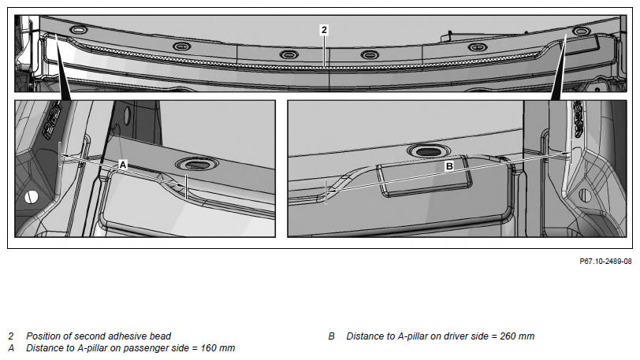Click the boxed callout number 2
pyautogui.click(x=324, y=29)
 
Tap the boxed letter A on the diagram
pyautogui.click(x=122, y=165)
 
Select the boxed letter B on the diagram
pyautogui.click(x=449, y=165)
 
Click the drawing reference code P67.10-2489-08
pyautogui.click(x=605, y=262)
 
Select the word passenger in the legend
pyautogui.click(x=145, y=348)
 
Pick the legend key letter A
pyautogui.click(x=11, y=348)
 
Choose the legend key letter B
pyautogui.click(x=331, y=336)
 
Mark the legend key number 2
pyautogui.click(x=11, y=336)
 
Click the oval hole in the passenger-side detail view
pyautogui.click(x=197, y=165)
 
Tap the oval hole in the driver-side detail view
pyautogui.click(x=429, y=152)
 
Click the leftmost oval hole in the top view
pyautogui.click(x=78, y=30)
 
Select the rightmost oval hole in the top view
pyautogui.click(x=580, y=31)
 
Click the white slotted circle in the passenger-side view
pyautogui.click(x=32, y=197)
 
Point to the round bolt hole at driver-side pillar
pyautogui.click(x=586, y=195)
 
